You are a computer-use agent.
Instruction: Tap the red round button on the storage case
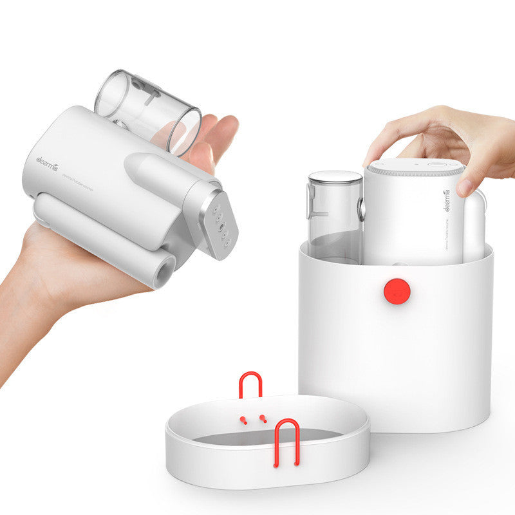[397, 291]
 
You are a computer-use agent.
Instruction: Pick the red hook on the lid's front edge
[286, 441]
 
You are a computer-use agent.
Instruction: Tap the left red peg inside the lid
[243, 420]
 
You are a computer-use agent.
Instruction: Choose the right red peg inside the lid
[263, 418]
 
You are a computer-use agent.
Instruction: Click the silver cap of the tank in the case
[335, 177]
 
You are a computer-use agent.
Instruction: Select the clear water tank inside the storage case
[334, 219]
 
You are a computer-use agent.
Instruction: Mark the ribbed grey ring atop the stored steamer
[412, 172]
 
